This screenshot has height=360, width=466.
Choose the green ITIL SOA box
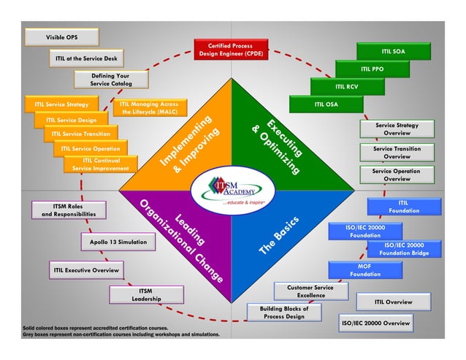pyautogui.click(x=393, y=52)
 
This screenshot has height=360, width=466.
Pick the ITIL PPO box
pyautogui.click(x=372, y=69)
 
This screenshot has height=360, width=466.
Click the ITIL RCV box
pyautogui.click(x=346, y=87)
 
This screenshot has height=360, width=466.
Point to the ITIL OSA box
pyautogui.click(x=326, y=104)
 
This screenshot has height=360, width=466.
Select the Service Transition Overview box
pyautogui.click(x=397, y=153)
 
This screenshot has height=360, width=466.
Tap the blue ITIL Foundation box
pyautogui.click(x=403, y=207)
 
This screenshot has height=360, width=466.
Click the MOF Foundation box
pyautogui.click(x=364, y=270)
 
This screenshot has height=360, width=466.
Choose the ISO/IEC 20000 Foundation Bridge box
pyautogui.click(x=402, y=249)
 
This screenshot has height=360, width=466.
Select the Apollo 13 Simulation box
pyautogui.click(x=118, y=242)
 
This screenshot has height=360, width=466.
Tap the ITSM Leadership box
pyautogui.click(x=145, y=295)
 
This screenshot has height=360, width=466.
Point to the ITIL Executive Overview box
pyautogui.click(x=85, y=271)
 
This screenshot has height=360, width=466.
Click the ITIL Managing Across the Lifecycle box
pyautogui.click(x=149, y=108)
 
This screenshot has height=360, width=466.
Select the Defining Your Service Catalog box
pyautogui.click(x=110, y=80)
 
